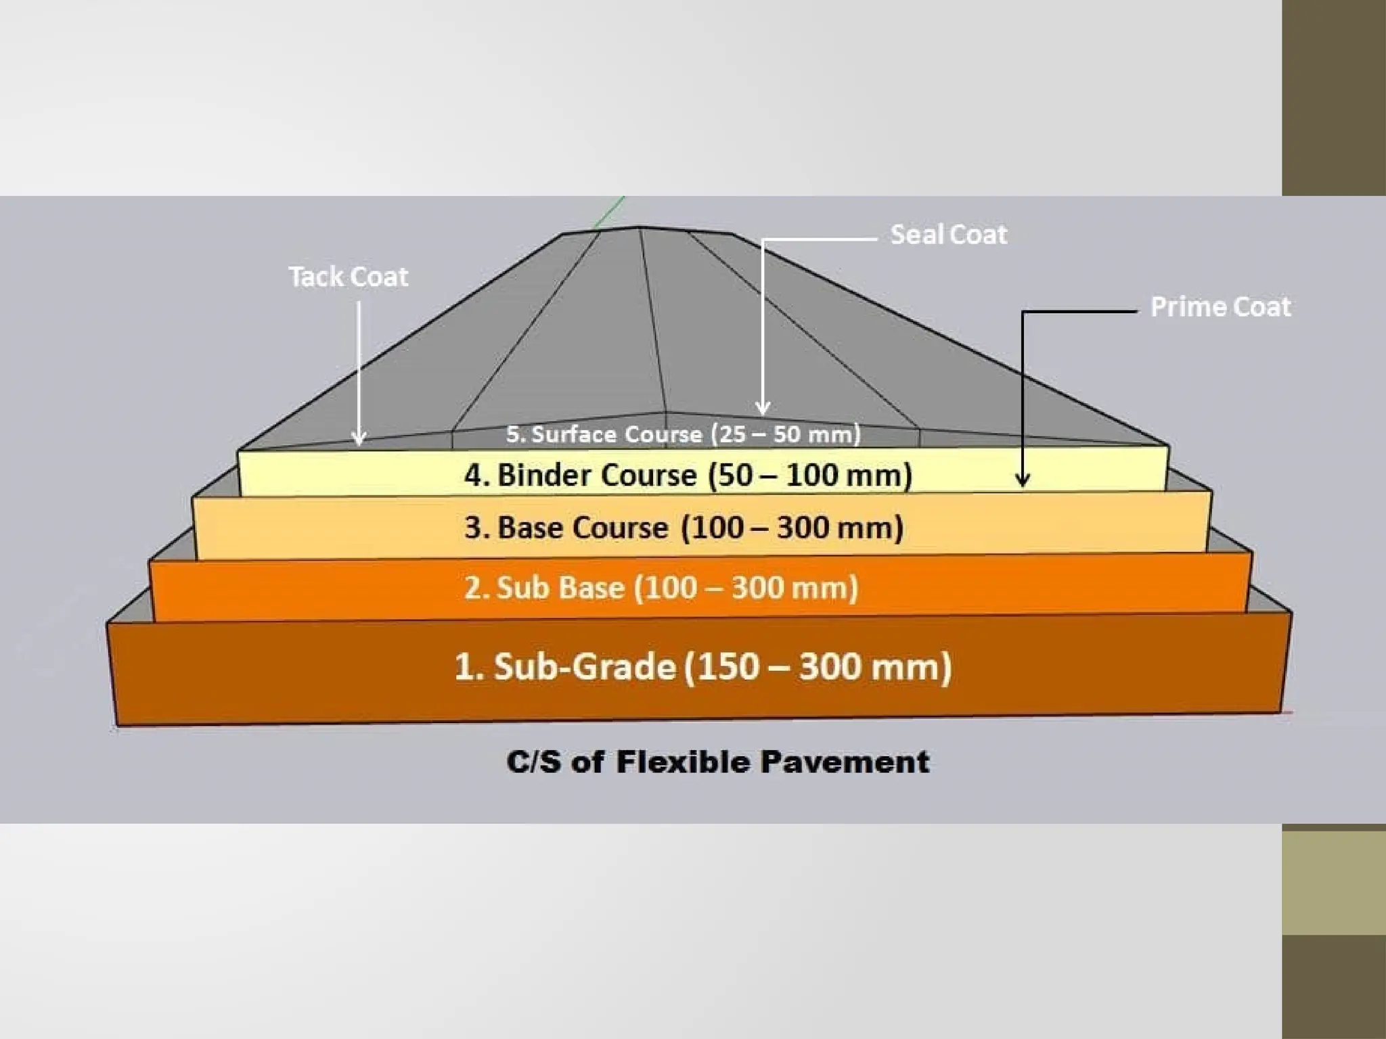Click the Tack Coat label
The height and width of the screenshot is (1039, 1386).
coord(349,277)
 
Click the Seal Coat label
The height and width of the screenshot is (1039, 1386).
coord(948,235)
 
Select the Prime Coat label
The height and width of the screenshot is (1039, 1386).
coord(1220,307)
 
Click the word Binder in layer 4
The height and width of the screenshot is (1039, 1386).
coord(544,475)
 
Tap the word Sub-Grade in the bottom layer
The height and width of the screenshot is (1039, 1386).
coord(585,666)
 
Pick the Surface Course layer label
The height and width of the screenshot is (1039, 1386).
coord(683,434)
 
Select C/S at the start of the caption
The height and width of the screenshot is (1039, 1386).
coord(534,762)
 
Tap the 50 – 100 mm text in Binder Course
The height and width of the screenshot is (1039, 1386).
coord(810,475)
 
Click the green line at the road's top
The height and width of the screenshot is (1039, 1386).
coord(608,212)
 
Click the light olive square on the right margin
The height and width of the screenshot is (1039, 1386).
coord(1333,882)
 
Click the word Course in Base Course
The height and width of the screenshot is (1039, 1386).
coord(629,528)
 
